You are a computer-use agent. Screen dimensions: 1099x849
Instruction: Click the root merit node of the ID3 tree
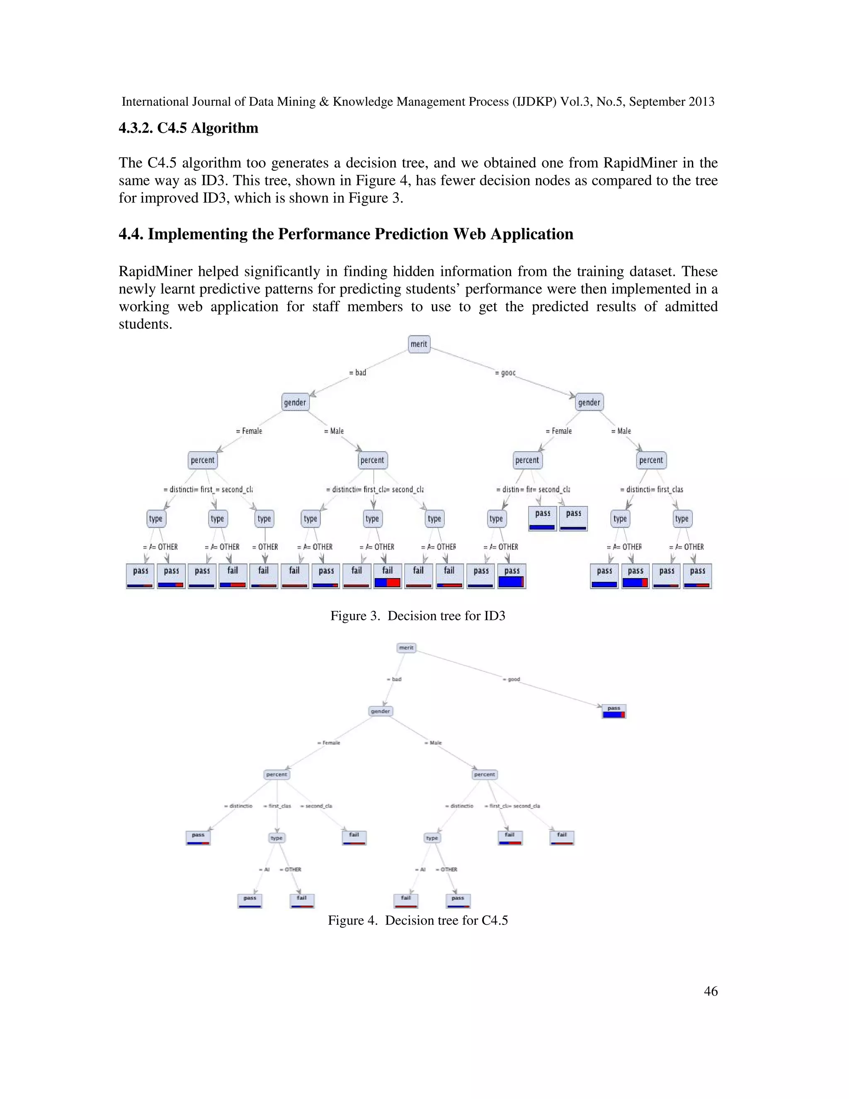pyautogui.click(x=419, y=344)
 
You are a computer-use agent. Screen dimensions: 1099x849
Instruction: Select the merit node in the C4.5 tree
pyautogui.click(x=406, y=648)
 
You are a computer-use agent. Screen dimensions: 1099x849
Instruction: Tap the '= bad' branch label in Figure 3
pyautogui.click(x=358, y=373)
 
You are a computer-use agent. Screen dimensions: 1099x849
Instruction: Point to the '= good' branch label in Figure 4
pyautogui.click(x=512, y=679)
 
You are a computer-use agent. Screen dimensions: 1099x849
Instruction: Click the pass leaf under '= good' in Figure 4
pyautogui.click(x=614, y=711)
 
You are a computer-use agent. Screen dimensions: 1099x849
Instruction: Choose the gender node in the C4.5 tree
pyautogui.click(x=380, y=711)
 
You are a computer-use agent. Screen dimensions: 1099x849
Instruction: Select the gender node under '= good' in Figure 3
pyautogui.click(x=589, y=403)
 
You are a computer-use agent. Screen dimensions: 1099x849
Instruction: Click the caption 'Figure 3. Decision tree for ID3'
pyautogui.click(x=417, y=616)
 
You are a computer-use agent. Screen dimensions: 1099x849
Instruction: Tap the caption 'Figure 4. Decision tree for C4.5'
pyautogui.click(x=417, y=920)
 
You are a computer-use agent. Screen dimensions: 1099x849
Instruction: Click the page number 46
pyautogui.click(x=711, y=991)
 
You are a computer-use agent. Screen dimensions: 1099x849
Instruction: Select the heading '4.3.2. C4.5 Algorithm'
pyautogui.click(x=189, y=128)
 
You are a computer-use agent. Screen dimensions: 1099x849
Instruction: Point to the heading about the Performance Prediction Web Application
pyautogui.click(x=346, y=234)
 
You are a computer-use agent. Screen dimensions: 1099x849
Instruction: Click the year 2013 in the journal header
pyautogui.click(x=701, y=102)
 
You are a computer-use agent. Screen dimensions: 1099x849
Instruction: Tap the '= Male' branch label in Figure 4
pyautogui.click(x=433, y=743)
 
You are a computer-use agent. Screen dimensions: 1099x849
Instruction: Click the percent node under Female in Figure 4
pyautogui.click(x=277, y=774)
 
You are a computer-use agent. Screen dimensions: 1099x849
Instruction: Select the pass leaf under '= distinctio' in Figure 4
pyautogui.click(x=198, y=837)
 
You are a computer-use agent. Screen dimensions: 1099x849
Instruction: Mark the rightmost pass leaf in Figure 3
pyautogui.click(x=698, y=576)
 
